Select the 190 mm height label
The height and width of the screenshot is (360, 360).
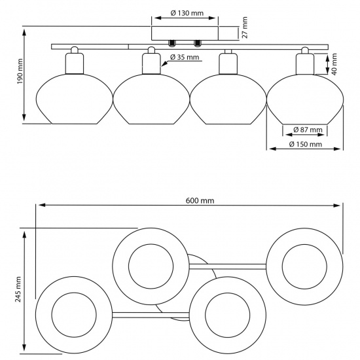click(21, 75)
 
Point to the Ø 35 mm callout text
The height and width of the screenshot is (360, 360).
click(184, 58)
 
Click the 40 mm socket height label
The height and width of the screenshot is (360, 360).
click(334, 65)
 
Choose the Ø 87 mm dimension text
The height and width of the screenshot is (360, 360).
click(305, 128)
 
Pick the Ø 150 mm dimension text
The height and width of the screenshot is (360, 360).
click(306, 144)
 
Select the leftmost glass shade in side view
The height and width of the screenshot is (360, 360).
click(73, 98)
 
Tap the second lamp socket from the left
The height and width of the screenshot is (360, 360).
click(151, 63)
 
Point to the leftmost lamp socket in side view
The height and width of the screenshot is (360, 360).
click(73, 63)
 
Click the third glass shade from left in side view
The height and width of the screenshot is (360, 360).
click(226, 98)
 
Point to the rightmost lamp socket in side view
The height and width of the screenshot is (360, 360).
click(302, 63)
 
